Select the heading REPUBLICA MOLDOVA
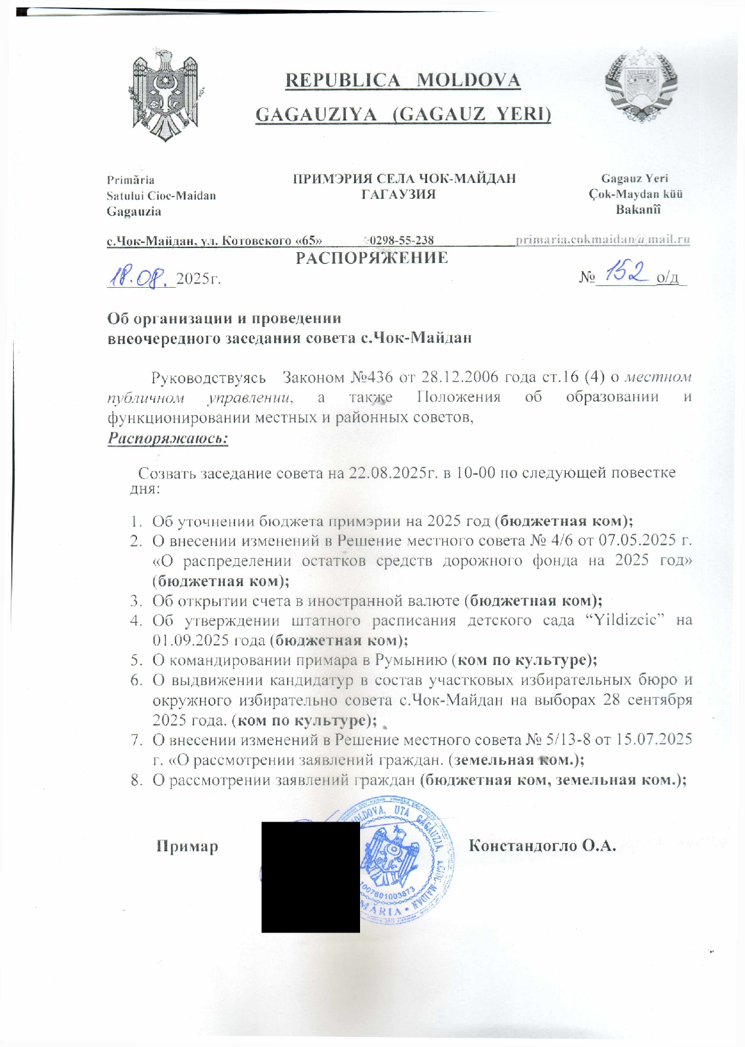(x=403, y=81)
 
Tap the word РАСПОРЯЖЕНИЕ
(x=372, y=258)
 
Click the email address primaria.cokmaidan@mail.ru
(x=602, y=240)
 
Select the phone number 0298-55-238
(x=400, y=240)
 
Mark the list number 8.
(x=136, y=780)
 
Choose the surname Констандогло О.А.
(x=542, y=846)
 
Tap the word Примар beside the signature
(x=187, y=846)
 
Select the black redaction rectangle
(x=310, y=877)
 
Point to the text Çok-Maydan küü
(x=635, y=194)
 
